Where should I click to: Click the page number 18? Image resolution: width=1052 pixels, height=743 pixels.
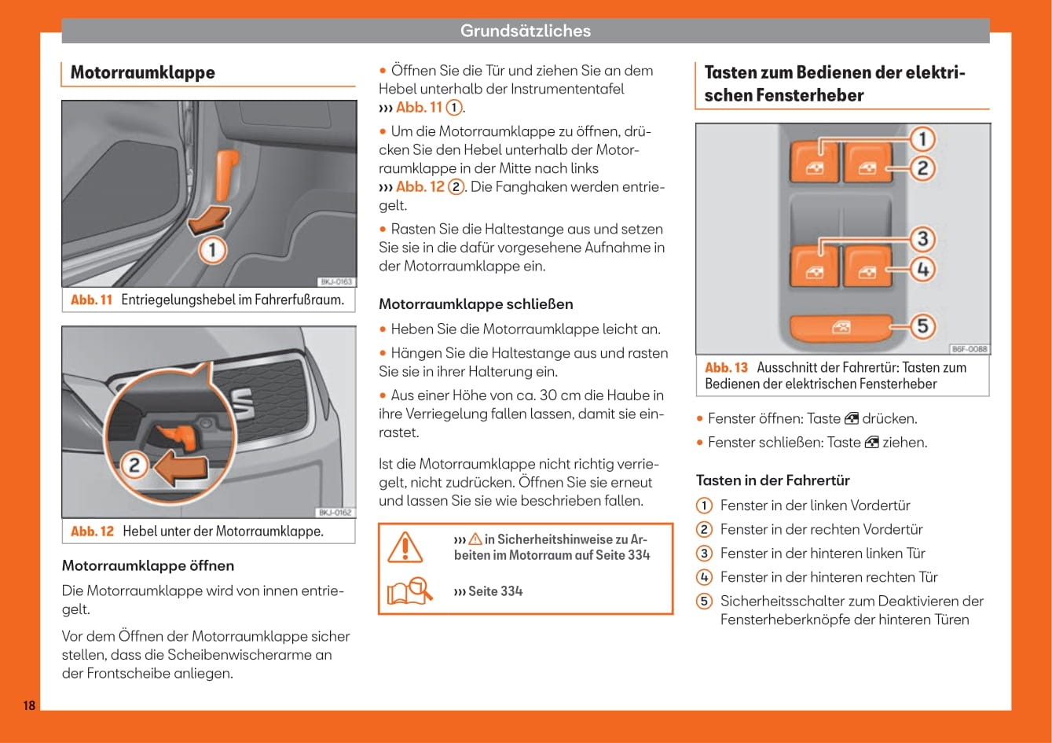(x=29, y=705)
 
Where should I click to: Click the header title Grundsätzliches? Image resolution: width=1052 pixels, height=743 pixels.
(x=525, y=31)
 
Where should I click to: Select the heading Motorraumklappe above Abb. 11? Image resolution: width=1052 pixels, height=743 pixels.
(x=142, y=72)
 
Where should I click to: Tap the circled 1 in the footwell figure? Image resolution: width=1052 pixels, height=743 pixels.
(x=212, y=252)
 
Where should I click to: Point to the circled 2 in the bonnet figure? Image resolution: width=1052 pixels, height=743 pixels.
(x=134, y=465)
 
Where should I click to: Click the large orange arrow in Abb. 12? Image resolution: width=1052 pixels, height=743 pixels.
(x=181, y=469)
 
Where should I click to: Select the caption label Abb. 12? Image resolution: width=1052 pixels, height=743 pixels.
(x=92, y=532)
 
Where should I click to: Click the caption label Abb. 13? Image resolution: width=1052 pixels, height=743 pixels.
(x=726, y=367)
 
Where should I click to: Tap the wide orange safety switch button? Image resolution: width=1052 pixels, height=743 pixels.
(x=840, y=327)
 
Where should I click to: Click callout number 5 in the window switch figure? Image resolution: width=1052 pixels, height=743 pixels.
(x=922, y=326)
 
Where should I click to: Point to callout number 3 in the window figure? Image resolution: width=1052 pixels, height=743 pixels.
(x=922, y=238)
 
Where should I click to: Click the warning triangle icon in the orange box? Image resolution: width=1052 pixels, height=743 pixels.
(x=405, y=547)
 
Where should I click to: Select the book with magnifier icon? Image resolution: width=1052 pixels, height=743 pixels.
(x=409, y=590)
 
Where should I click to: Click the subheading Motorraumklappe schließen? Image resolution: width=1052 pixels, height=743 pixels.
(x=475, y=304)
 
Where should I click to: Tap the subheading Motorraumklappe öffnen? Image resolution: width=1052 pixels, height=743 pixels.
(x=148, y=565)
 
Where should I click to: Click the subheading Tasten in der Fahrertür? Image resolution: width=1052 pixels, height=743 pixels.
(x=772, y=480)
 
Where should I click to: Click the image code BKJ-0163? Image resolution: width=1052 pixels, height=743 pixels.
(x=336, y=281)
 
